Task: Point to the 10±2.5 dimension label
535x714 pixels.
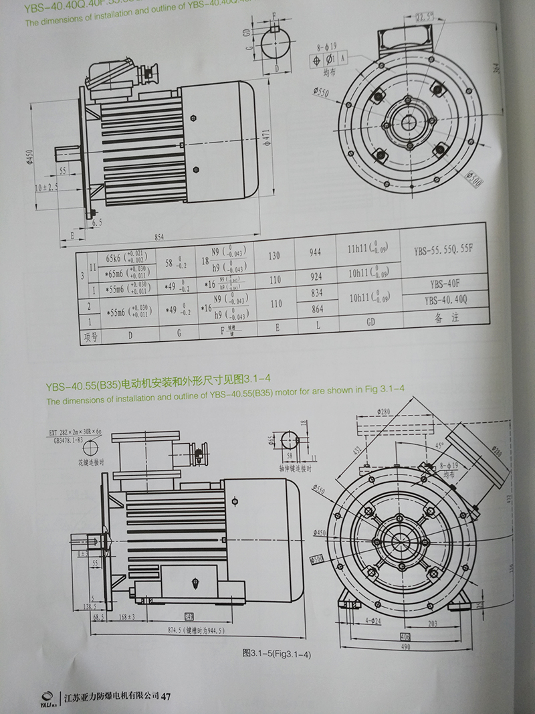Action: (x=46, y=187)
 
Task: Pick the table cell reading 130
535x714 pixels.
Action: (x=275, y=256)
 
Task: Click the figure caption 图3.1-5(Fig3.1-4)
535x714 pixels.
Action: (x=277, y=654)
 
